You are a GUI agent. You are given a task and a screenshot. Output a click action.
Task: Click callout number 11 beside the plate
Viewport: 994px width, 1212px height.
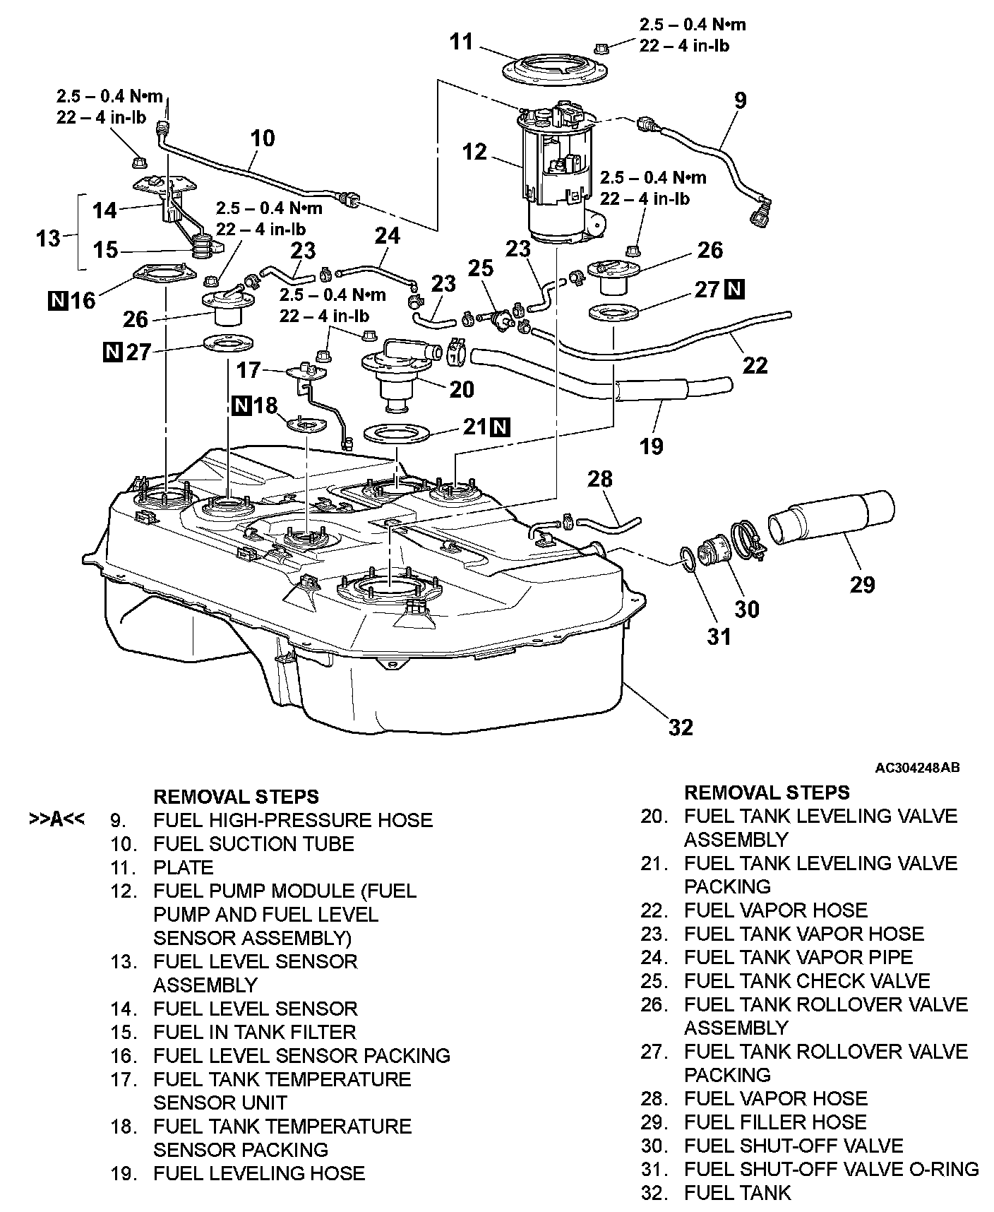pos(462,42)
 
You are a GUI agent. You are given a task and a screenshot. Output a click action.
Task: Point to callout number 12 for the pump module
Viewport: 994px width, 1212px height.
pos(475,151)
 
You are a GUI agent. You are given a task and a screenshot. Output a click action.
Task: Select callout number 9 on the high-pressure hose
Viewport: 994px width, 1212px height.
pos(740,100)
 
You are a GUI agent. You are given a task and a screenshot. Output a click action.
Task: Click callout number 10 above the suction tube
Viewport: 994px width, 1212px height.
pos(263,137)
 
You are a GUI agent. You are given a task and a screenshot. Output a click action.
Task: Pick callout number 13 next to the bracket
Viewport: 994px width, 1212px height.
pos(48,239)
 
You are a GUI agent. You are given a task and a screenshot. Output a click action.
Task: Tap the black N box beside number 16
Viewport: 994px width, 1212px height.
pos(56,301)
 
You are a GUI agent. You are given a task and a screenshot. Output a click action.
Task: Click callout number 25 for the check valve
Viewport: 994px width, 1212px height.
pos(480,268)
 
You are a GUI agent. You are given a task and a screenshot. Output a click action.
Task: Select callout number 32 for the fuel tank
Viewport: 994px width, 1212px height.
pos(681,727)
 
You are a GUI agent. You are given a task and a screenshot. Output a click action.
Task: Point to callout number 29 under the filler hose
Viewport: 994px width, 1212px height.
pos(863,584)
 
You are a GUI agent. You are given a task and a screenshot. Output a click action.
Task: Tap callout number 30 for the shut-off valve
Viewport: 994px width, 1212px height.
pos(747,608)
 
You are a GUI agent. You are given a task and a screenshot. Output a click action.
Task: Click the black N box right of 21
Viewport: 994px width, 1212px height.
pos(500,427)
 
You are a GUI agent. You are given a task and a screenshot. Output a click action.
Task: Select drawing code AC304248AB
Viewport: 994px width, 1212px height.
pos(917,768)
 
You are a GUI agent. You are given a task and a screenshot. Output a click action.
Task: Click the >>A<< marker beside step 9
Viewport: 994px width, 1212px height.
pos(56,820)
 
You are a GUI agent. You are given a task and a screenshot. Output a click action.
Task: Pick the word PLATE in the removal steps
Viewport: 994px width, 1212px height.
pos(183,867)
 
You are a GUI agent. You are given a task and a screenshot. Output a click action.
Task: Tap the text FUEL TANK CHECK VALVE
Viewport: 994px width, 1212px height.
pos(807,981)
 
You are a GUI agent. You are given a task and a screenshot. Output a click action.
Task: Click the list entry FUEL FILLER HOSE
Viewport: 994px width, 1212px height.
pos(775,1122)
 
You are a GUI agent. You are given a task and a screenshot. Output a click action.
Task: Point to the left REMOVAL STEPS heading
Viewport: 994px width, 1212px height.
pos(236,797)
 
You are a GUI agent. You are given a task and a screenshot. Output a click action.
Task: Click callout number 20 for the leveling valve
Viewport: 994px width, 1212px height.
pos(462,389)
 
